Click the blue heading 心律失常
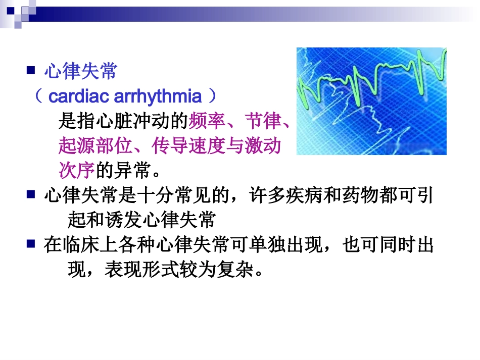click(81, 72)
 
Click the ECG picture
click(371, 101)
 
